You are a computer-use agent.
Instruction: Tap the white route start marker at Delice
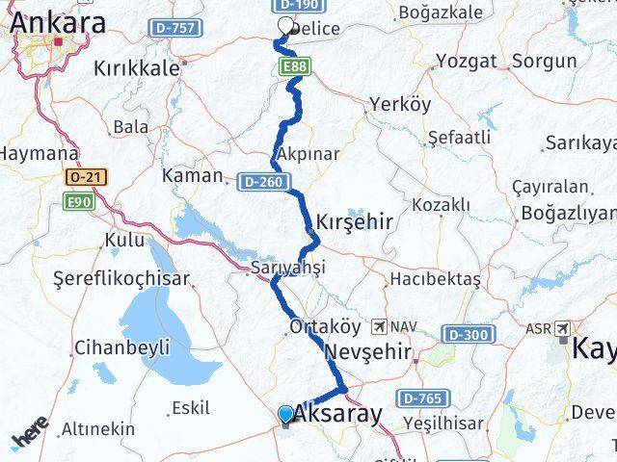pyautogui.click(x=285, y=26)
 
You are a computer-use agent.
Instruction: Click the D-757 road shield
pyautogui.click(x=174, y=29)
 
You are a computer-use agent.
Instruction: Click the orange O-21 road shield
pyautogui.click(x=82, y=178)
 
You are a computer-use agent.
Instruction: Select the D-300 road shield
pyautogui.click(x=469, y=334)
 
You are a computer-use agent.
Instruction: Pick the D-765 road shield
pyautogui.click(x=421, y=398)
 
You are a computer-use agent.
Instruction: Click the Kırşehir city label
pyautogui.click(x=354, y=222)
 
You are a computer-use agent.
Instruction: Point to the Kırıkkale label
pyautogui.click(x=136, y=68)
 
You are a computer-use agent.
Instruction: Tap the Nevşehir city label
pyautogui.click(x=369, y=351)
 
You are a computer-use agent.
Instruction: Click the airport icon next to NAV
pyautogui.click(x=382, y=327)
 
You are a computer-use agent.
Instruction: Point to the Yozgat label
pyautogui.click(x=466, y=61)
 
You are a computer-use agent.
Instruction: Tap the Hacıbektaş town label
pyautogui.click(x=435, y=279)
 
